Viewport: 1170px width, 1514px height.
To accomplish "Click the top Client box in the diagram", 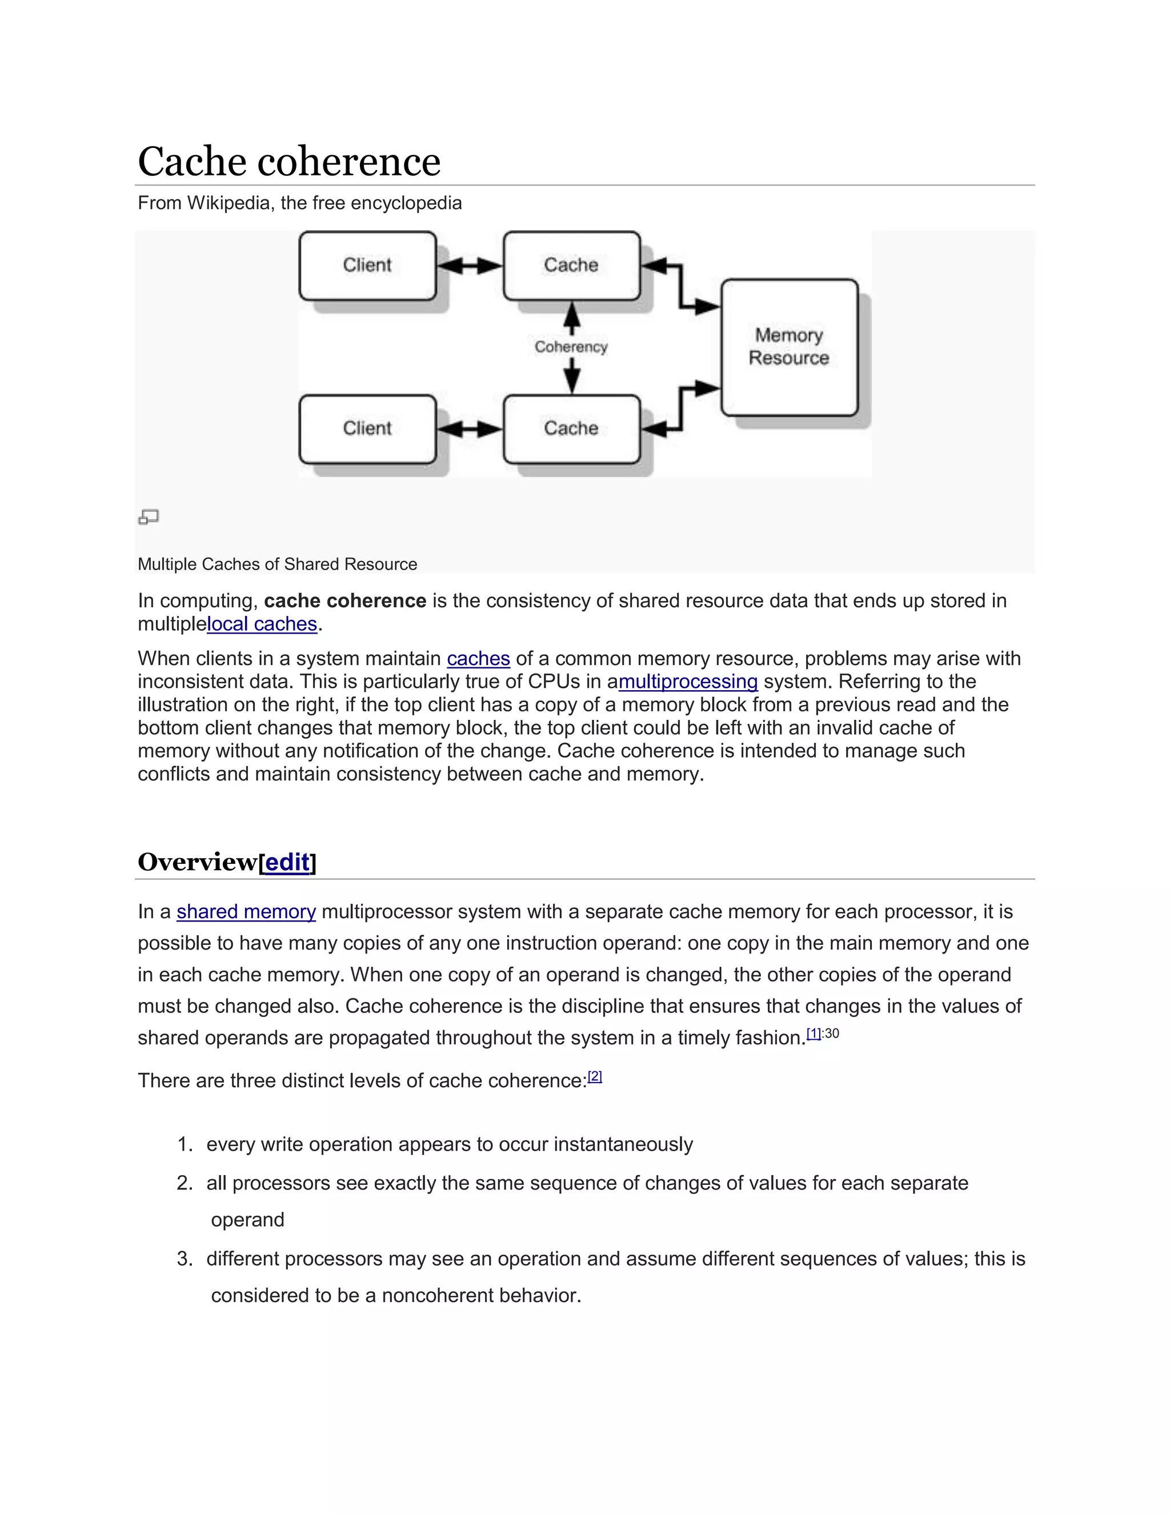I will tap(367, 266).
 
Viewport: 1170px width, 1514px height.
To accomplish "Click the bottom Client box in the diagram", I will tap(367, 428).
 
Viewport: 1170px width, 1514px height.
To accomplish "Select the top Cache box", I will tap(571, 266).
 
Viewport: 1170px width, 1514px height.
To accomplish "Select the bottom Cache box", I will tap(571, 428).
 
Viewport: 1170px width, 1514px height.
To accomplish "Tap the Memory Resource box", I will tap(789, 347).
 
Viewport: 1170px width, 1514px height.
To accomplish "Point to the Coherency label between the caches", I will tap(571, 347).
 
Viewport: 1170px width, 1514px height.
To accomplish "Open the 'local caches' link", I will tap(262, 624).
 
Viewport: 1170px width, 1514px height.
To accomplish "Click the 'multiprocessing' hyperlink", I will tap(688, 682).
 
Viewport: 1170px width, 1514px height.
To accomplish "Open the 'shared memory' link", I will tap(246, 912).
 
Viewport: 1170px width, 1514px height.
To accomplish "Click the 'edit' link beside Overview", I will tap(287, 862).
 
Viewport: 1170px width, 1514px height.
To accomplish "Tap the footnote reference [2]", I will tap(595, 1076).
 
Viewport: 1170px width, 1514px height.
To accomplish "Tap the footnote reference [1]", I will tap(814, 1034).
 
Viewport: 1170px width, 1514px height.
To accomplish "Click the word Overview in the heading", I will tap(198, 862).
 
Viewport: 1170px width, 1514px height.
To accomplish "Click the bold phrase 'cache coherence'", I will tap(344, 600).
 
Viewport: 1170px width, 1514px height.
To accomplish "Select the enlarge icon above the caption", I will tap(149, 516).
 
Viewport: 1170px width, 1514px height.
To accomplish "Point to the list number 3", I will tap(184, 1258).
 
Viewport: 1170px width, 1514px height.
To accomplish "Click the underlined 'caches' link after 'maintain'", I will tap(478, 659).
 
